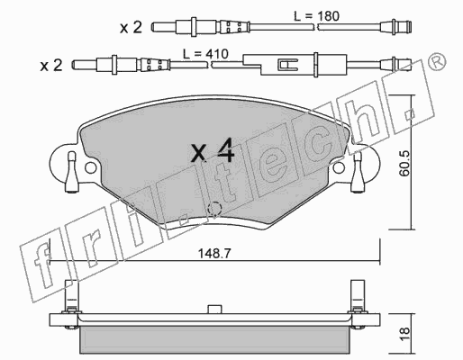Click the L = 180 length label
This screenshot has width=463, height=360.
coord(316,16)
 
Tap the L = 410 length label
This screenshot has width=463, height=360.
coord(205,54)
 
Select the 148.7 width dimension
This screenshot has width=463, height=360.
coord(214,254)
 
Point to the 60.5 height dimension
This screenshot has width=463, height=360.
coord(404,163)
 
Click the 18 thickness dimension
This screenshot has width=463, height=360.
coord(404,333)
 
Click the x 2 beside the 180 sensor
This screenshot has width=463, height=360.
coord(131,28)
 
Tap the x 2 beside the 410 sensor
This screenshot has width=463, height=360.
coord(51,65)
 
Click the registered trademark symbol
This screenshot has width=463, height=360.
coord(438,61)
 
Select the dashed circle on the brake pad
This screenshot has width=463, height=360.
coord(214,209)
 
